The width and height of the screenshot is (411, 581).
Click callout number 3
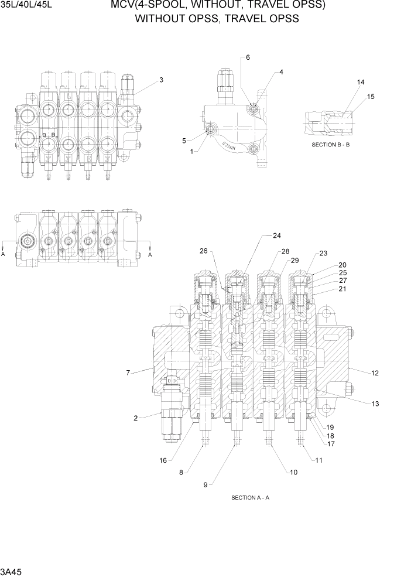[161, 80]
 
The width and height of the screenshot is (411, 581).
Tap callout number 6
[248, 57]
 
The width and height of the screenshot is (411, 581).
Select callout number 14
[360, 83]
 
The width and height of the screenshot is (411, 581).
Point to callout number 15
[370, 96]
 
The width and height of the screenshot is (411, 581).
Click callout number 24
[277, 236]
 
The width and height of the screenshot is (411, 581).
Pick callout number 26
[204, 252]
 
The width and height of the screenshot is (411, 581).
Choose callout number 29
[294, 260]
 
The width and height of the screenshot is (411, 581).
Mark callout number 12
[375, 372]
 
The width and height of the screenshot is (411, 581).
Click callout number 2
[135, 418]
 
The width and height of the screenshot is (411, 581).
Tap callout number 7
[128, 372]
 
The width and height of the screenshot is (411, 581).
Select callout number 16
[163, 460]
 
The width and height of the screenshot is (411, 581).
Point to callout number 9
[205, 484]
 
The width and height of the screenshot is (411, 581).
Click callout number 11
[318, 460]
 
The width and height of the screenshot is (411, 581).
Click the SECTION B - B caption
[330, 144]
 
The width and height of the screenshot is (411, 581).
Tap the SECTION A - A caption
[250, 498]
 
